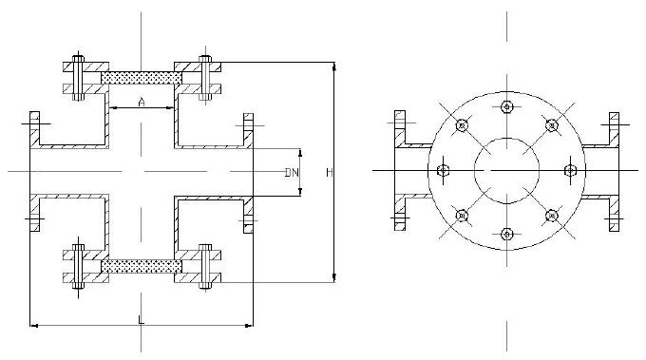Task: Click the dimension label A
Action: (142, 102)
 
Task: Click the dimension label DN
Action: (292, 172)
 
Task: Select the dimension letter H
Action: (330, 173)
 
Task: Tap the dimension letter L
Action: (141, 320)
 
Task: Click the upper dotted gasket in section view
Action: (142, 78)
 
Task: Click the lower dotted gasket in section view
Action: (142, 266)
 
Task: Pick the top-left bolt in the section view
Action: (78, 78)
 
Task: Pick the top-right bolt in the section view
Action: (205, 78)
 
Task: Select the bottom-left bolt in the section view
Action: (78, 267)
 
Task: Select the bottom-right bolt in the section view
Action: (205, 267)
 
